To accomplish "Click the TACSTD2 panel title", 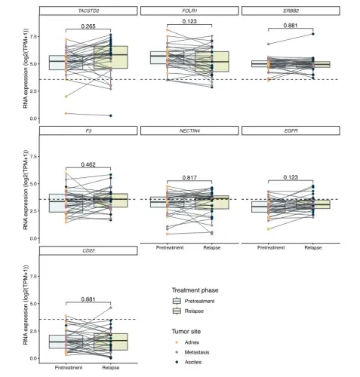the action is click(x=88, y=11).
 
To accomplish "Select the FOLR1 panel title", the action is click(x=189, y=11).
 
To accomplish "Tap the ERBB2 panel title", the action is click(x=291, y=11).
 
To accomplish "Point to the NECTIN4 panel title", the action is click(x=189, y=131).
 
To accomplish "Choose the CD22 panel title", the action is click(x=88, y=251).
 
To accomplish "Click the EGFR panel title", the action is click(x=291, y=131).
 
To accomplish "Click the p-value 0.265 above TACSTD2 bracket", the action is click(x=88, y=26).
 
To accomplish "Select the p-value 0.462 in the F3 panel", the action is click(x=88, y=164).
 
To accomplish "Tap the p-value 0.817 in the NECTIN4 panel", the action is click(x=189, y=178).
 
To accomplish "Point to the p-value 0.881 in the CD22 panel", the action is click(x=88, y=299).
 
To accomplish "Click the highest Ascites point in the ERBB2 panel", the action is click(x=313, y=34).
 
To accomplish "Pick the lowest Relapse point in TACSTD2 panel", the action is click(x=111, y=115).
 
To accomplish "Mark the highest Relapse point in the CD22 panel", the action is click(x=111, y=308).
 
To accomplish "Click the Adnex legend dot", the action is click(x=177, y=342).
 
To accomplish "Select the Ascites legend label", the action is click(x=193, y=362).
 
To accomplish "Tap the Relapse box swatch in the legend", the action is click(x=177, y=311).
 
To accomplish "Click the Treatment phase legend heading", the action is click(x=195, y=290).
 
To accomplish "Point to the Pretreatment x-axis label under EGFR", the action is click(x=271, y=248).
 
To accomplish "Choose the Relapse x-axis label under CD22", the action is click(x=111, y=368).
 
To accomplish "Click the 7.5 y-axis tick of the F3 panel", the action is click(x=33, y=157).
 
